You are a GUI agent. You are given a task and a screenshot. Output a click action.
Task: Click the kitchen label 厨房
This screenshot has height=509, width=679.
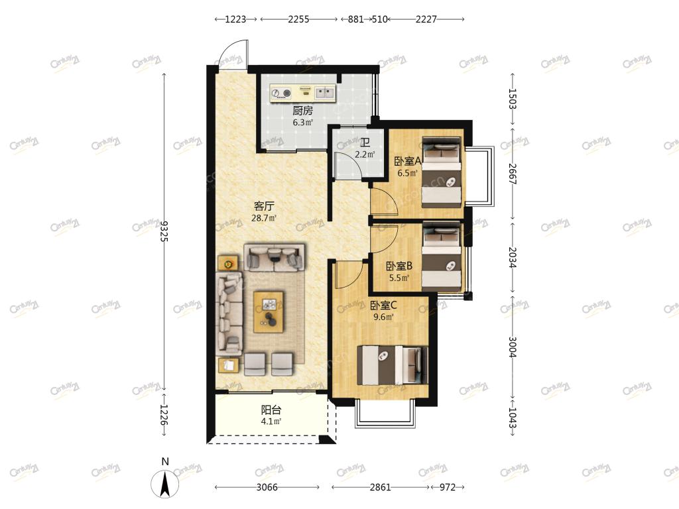point(302,111)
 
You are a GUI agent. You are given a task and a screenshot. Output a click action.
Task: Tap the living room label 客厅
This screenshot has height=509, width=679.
point(264,206)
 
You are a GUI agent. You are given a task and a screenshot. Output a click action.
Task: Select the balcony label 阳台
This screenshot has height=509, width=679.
point(271,410)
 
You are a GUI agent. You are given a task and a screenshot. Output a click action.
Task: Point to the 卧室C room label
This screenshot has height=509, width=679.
point(383,306)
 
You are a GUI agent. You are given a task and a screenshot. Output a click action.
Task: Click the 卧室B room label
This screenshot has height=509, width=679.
point(399,266)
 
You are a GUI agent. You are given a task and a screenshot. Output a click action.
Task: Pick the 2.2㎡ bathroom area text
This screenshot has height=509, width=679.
point(365,154)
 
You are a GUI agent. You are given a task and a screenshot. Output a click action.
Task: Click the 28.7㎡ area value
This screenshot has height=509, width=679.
point(264,218)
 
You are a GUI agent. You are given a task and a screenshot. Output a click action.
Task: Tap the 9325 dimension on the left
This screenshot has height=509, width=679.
point(164,231)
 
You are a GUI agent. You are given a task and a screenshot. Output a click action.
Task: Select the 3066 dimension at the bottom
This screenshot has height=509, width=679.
point(267,487)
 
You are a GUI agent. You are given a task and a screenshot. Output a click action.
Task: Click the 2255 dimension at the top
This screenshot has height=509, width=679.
point(299,19)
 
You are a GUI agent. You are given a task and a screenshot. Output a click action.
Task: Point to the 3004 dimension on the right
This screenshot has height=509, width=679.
point(513,347)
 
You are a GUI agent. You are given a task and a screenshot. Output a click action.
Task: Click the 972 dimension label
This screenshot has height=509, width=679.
point(448,487)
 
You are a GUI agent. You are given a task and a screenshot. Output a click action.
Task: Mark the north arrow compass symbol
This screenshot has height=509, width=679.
point(164,483)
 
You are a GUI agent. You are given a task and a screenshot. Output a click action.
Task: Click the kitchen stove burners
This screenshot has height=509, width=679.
point(281,93)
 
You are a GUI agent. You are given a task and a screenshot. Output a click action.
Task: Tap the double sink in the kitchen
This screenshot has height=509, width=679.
point(325,92)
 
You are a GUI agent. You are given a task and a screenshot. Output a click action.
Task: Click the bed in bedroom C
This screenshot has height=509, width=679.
point(392,365)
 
